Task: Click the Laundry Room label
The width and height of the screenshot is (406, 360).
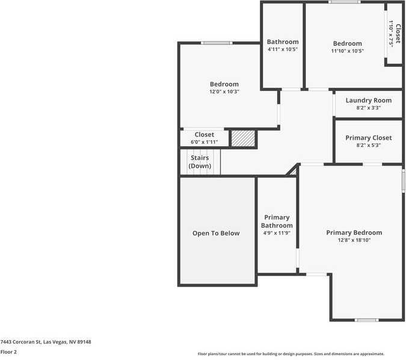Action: [368, 100]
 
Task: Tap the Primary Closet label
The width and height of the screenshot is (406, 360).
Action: [368, 138]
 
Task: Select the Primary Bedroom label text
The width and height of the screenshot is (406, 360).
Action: [354, 232]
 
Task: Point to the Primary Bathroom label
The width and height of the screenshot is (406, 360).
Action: [277, 222]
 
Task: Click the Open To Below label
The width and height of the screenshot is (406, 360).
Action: [216, 233]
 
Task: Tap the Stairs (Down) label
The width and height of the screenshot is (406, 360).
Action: [200, 161]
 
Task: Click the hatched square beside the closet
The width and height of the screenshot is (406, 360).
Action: [244, 138]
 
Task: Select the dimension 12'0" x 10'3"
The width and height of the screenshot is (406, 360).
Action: [224, 92]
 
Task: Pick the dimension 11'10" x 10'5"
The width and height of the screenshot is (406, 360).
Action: [348, 51]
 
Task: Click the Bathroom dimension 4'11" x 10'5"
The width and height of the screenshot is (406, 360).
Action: [283, 49]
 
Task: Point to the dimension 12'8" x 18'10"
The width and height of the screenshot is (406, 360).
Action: [354, 240]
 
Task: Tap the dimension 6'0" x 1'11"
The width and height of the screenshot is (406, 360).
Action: [205, 142]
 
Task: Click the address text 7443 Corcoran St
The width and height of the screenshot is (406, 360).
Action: [46, 342]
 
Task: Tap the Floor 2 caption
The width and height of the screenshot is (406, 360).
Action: [9, 352]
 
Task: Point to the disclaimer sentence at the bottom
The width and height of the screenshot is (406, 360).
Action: [291, 354]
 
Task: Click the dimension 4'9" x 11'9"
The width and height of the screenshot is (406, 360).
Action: [277, 233]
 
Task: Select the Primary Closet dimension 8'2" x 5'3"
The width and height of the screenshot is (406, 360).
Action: [368, 145]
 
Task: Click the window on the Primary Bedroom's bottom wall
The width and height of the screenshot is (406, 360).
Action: [366, 320]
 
